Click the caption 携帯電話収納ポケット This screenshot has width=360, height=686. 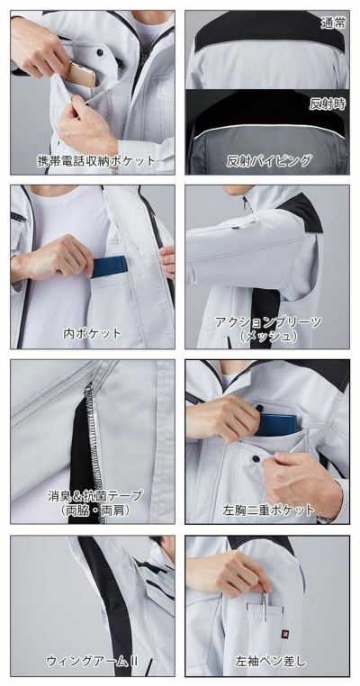tap(96, 162)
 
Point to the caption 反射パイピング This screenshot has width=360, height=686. tap(269, 162)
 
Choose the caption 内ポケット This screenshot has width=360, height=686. tap(91, 333)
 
